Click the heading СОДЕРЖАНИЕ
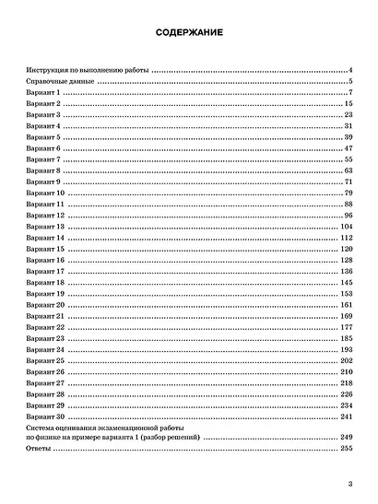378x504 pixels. (x=188, y=34)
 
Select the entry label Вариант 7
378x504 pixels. (x=44, y=158)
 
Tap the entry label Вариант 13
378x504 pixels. (x=46, y=226)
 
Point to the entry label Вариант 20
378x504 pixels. (x=46, y=304)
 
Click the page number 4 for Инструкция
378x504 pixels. (x=351, y=70)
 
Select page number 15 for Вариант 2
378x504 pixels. (x=348, y=105)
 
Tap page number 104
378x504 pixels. (x=347, y=226)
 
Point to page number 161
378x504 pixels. (x=347, y=304)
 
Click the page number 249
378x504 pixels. (x=347, y=437)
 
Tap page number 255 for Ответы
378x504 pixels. (x=347, y=448)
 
